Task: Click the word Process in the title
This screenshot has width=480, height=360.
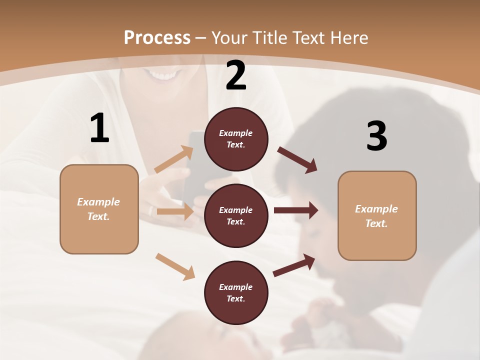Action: click(x=157, y=38)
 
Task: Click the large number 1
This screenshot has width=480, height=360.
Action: click(x=99, y=128)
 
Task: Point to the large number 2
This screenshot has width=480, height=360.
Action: click(x=236, y=76)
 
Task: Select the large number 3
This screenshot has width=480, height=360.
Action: click(x=376, y=136)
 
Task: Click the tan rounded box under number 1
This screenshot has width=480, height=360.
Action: click(x=99, y=209)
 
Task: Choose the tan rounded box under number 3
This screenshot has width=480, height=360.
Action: click(x=377, y=216)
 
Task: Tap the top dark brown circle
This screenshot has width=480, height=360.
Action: click(x=236, y=139)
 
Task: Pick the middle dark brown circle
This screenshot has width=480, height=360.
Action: click(x=236, y=216)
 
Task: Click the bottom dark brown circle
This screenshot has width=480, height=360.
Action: click(x=236, y=293)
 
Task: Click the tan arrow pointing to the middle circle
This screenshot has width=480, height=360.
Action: click(x=175, y=211)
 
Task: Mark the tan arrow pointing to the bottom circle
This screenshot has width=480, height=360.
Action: click(x=175, y=266)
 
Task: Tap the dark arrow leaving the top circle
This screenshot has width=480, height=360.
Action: click(x=297, y=160)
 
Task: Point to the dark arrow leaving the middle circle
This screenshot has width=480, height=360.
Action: click(x=296, y=210)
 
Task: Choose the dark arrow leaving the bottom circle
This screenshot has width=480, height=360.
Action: click(x=294, y=265)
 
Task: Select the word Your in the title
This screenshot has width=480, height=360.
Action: click(x=229, y=38)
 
